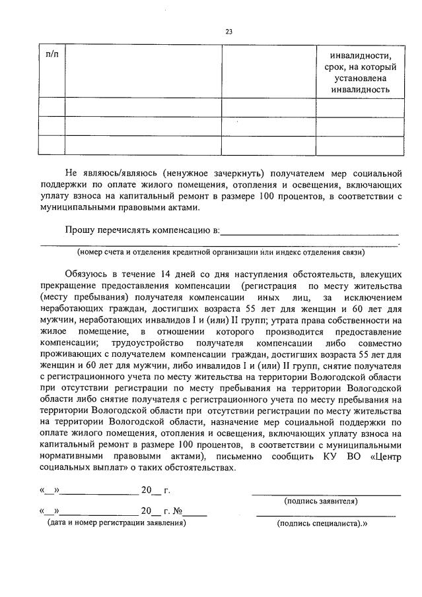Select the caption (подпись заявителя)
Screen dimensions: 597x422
pos(322,501)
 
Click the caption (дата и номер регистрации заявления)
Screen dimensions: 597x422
pos(116,522)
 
